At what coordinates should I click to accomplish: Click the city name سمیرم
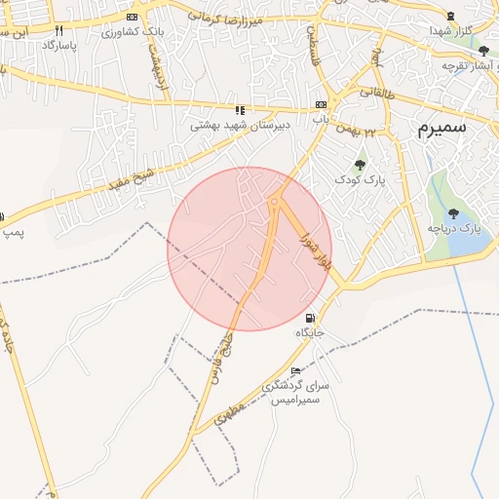(441, 128)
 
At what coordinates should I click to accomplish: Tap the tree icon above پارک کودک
(361, 165)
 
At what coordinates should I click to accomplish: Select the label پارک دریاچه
(455, 228)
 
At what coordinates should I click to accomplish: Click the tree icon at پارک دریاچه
(453, 213)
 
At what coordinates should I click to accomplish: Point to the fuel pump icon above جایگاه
(310, 318)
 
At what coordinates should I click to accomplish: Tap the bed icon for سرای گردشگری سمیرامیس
(295, 372)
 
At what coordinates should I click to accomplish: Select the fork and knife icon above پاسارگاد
(58, 30)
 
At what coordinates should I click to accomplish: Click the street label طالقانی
(373, 92)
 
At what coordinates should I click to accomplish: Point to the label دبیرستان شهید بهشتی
(228, 126)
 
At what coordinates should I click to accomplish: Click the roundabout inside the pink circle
(276, 202)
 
